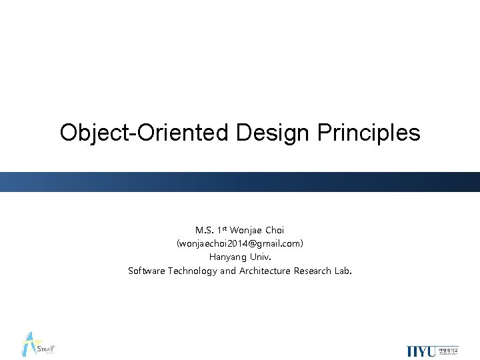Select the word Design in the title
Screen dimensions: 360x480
point(273,133)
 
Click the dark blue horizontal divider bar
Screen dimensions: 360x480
point(240,182)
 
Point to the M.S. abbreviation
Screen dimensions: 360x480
point(204,231)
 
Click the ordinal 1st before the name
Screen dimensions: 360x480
point(222,230)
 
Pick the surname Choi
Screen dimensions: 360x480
point(274,231)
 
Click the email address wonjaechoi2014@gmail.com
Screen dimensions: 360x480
point(240,244)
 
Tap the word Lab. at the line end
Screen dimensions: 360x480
point(343,271)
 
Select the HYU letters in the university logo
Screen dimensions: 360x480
point(421,351)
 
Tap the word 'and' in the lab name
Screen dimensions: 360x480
point(228,271)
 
